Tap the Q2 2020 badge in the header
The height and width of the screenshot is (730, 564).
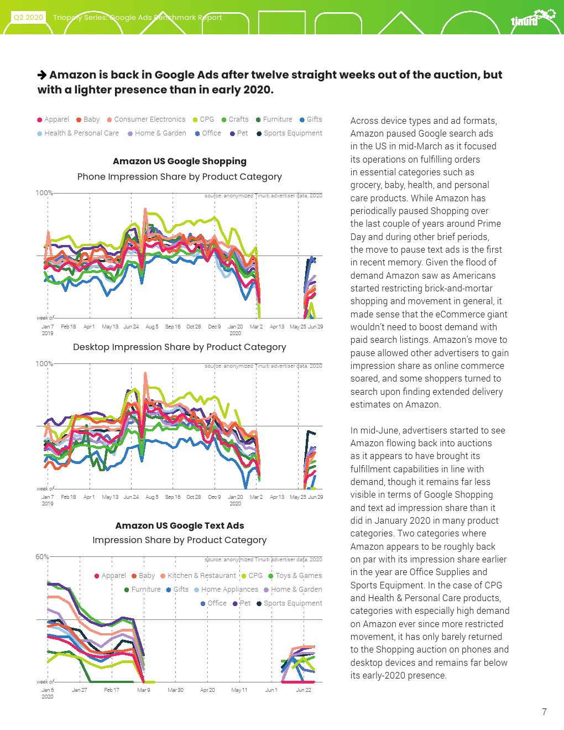point(28,17)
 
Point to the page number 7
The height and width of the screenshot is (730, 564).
point(544,712)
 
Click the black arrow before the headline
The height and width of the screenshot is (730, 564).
point(42,75)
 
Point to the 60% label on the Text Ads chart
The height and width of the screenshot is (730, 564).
point(42,557)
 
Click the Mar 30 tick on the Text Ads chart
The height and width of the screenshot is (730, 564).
point(175,690)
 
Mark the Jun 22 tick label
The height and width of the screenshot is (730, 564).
point(304,690)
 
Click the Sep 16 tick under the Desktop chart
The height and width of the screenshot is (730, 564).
point(173,497)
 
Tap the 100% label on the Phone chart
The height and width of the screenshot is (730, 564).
point(44,193)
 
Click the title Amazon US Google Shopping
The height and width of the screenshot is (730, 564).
point(180,161)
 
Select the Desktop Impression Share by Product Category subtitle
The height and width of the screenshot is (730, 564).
point(180,347)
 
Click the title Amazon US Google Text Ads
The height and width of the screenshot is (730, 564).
point(180,526)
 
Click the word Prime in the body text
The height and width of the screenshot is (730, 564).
point(489,224)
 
